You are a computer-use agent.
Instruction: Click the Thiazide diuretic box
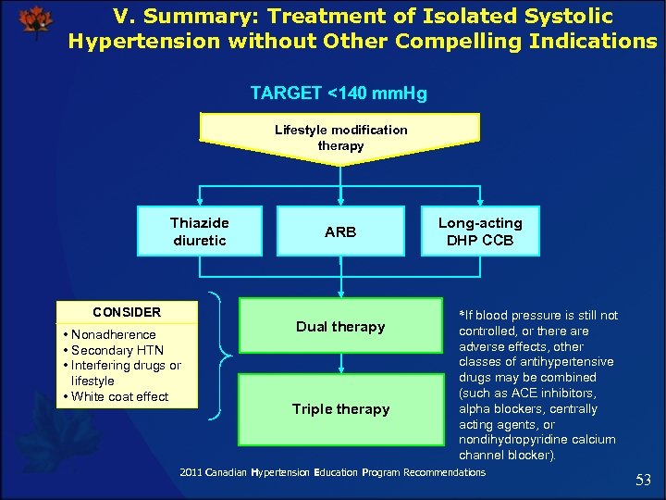199,231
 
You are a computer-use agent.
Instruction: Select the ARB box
340,231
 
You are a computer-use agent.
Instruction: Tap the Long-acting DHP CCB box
479,231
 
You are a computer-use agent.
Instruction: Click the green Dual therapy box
340,326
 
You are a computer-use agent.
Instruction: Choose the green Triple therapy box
340,409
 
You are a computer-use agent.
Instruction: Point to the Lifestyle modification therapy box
340,138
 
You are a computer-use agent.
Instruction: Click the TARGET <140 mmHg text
339,94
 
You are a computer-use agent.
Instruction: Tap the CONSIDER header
127,312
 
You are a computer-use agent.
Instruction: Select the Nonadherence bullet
108,334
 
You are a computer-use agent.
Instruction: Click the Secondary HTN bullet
113,350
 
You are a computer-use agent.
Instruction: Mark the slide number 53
644,480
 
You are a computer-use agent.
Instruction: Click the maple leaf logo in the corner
35,20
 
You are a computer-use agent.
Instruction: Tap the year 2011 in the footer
190,472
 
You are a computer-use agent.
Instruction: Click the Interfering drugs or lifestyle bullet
121,373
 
